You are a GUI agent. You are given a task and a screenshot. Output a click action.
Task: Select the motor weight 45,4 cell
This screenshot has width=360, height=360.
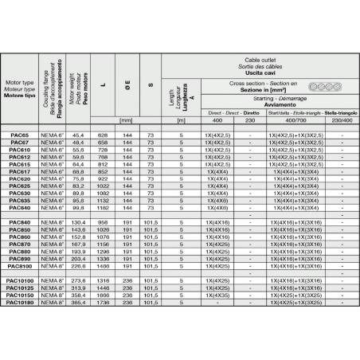[79, 136]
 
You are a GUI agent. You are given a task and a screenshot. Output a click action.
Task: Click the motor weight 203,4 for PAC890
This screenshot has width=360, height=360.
[79, 259]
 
